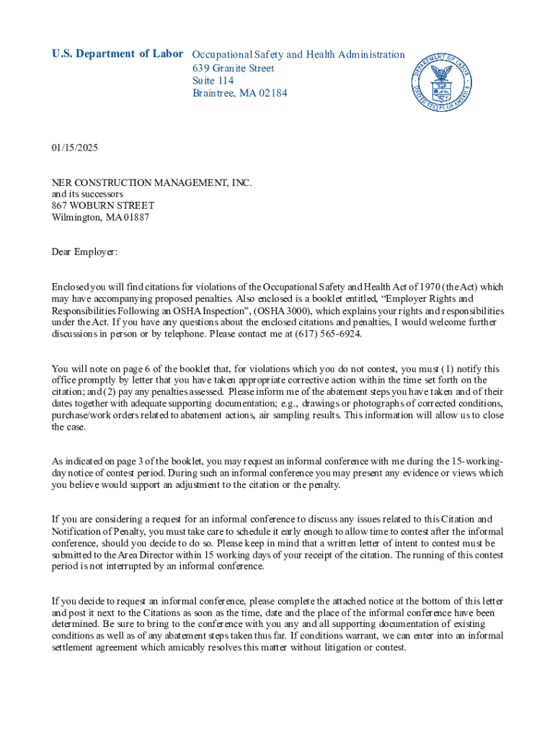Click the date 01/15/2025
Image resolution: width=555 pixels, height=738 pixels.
coord(74,148)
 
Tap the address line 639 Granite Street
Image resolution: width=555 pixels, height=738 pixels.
coord(233,68)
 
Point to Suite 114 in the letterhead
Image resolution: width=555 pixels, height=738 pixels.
coord(213,81)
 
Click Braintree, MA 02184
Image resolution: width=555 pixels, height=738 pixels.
coord(239,94)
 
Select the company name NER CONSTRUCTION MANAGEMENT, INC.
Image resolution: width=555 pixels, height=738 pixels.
coord(152,183)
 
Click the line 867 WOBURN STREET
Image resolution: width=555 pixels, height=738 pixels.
coord(103,206)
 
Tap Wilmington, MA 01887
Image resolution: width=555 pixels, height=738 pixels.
coord(101,218)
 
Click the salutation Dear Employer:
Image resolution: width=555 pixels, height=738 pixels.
coord(84,252)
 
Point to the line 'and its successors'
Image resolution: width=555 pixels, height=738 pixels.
coord(87,195)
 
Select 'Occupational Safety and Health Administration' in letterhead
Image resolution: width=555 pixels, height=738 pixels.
coord(298,55)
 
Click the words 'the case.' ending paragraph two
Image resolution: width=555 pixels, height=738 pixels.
coord(68,427)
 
